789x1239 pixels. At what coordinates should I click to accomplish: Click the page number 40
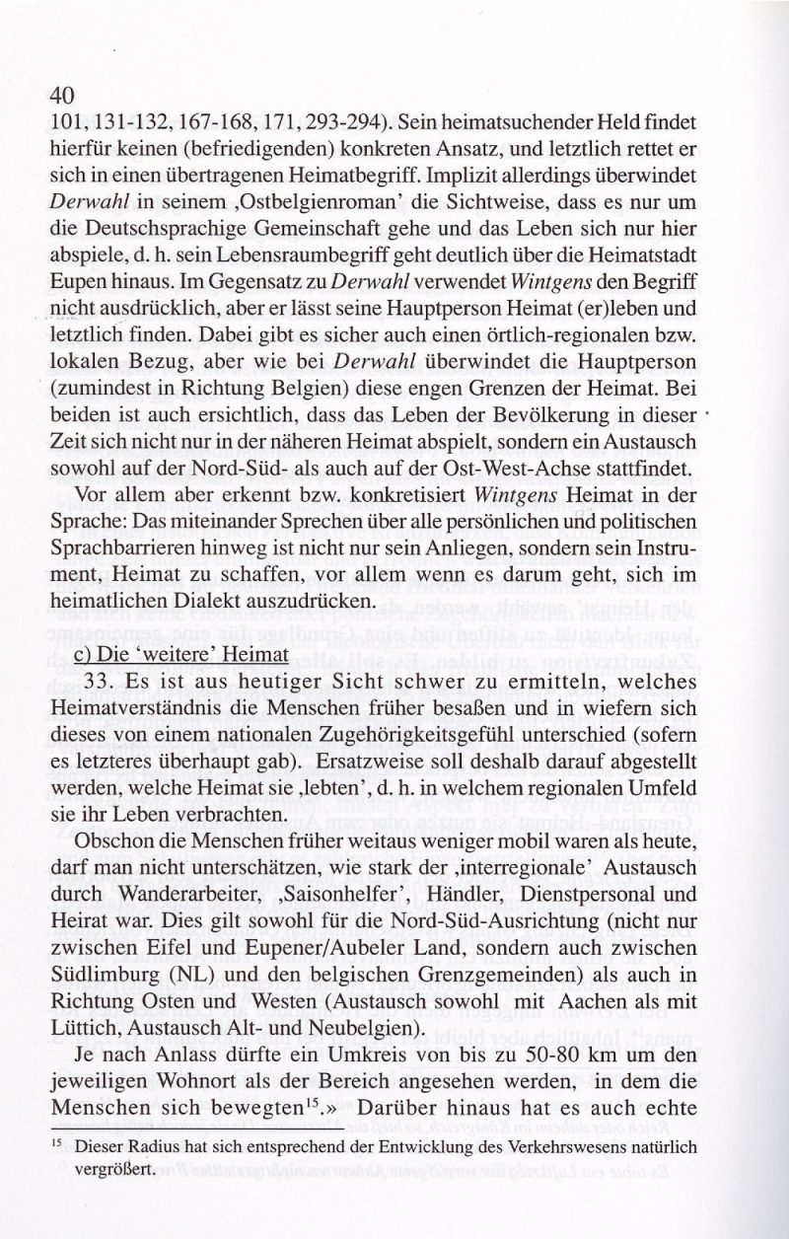point(61,96)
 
